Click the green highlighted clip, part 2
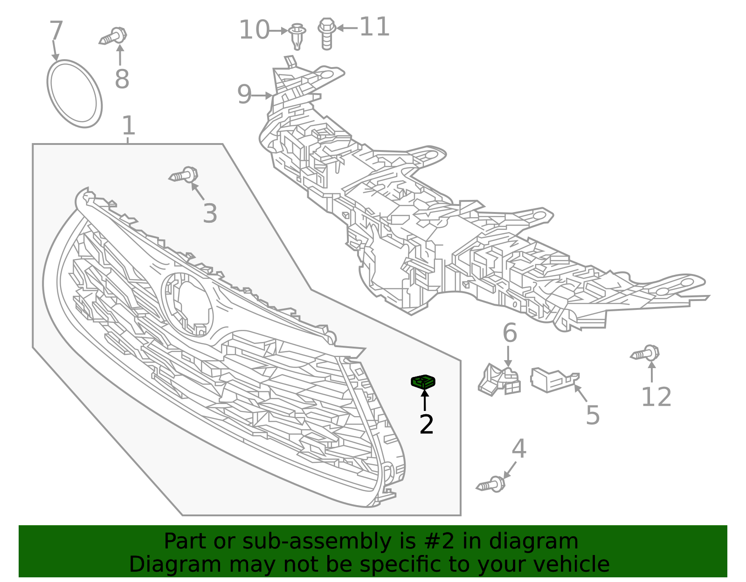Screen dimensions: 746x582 pyautogui.click(x=423, y=382)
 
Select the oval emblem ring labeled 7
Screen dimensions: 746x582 pyautogui.click(x=75, y=94)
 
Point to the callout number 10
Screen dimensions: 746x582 pyautogui.click(x=255, y=30)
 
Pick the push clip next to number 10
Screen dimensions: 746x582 pyautogui.click(x=297, y=36)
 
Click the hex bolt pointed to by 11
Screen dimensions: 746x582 pyautogui.click(x=326, y=34)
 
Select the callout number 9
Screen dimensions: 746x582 pyautogui.click(x=244, y=94)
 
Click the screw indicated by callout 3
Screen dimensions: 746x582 pyautogui.click(x=183, y=174)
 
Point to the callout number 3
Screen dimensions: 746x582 pyautogui.click(x=210, y=213)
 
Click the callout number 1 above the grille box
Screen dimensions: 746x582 pyautogui.click(x=128, y=125)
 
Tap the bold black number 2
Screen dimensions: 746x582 pyautogui.click(x=426, y=424)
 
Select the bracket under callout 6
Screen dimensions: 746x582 pyautogui.click(x=499, y=380)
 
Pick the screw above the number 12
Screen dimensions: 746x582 pyautogui.click(x=645, y=353)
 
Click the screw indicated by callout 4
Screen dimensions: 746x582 pyautogui.click(x=490, y=484)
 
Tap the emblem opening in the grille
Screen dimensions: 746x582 pyautogui.click(x=187, y=305)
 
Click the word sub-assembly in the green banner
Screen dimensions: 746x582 pyautogui.click(x=317, y=541)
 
